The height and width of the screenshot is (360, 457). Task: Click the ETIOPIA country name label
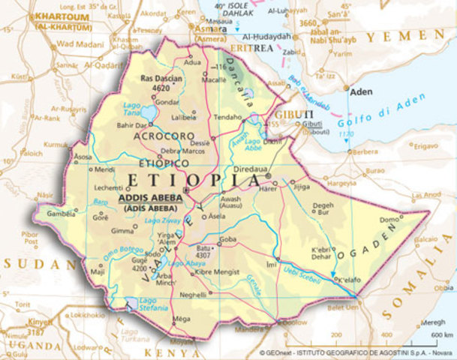click(194, 180)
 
